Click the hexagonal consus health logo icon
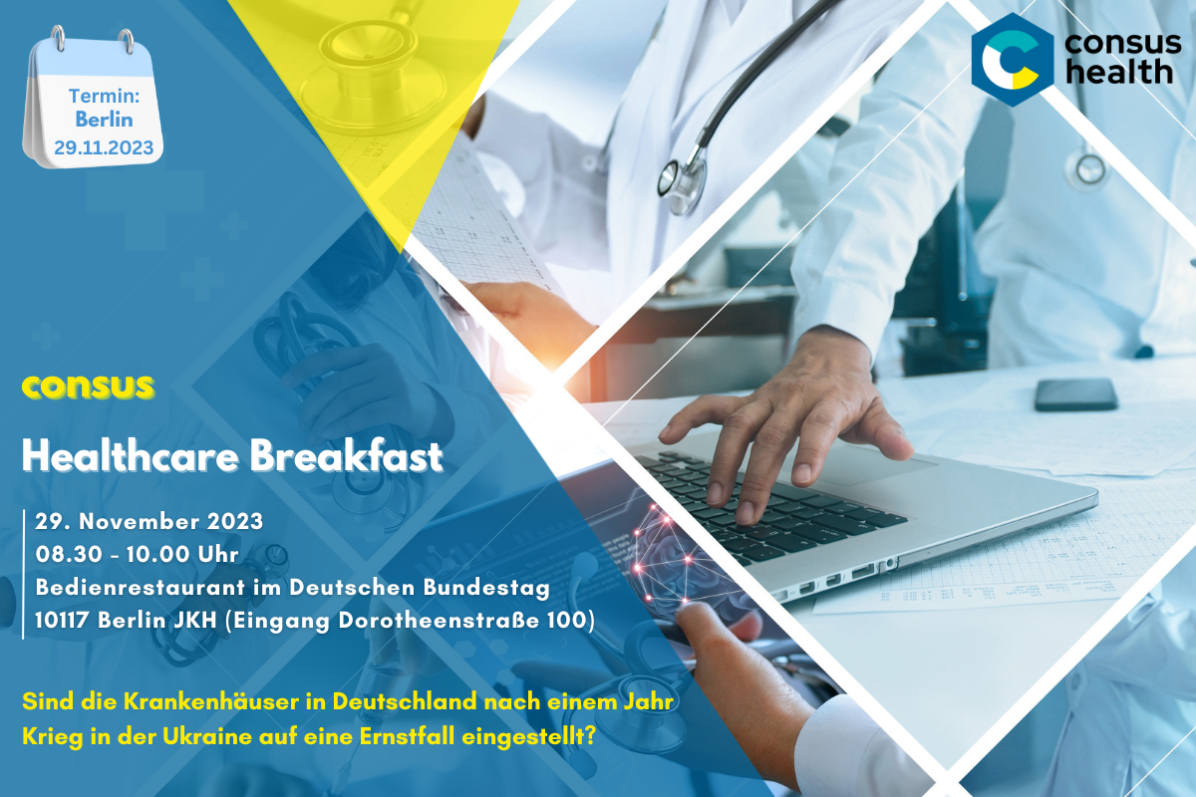(1012, 60)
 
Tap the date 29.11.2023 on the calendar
(104, 147)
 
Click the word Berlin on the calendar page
(104, 120)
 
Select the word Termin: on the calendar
(104, 96)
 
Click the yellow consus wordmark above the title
(88, 387)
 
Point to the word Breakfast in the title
(347, 456)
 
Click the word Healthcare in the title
(130, 456)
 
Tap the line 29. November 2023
(149, 522)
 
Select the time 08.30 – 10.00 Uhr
(137, 555)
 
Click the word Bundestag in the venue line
(486, 587)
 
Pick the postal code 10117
(62, 621)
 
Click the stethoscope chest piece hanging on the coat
(682, 181)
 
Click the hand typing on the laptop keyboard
(774, 427)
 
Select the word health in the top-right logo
(1118, 72)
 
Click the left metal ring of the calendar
(58, 39)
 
